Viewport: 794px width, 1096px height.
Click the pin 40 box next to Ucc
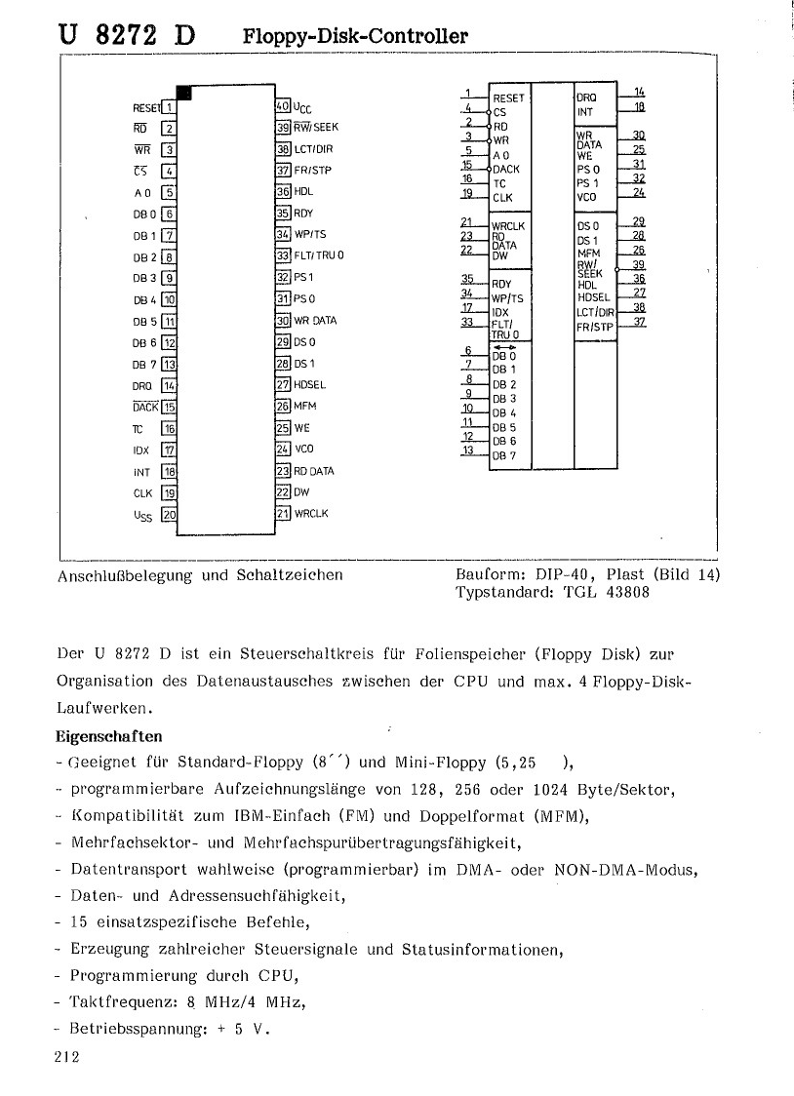(284, 105)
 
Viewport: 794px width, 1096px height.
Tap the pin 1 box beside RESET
(169, 107)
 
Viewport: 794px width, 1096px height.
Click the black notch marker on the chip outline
(184, 93)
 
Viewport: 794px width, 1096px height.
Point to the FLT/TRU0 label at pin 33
(319, 255)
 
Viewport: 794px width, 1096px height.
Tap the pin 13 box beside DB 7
(169, 365)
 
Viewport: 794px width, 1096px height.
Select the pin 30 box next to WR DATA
(284, 320)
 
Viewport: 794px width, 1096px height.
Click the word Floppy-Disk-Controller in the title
(355, 37)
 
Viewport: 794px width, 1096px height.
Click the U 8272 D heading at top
(127, 35)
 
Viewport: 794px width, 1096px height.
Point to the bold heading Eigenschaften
(108, 735)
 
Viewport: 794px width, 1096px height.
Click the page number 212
(66, 1057)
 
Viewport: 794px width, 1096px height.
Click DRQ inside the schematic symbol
(587, 98)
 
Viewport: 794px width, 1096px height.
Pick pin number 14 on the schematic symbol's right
(639, 91)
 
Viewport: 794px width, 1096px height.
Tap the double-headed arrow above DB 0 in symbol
(504, 346)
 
